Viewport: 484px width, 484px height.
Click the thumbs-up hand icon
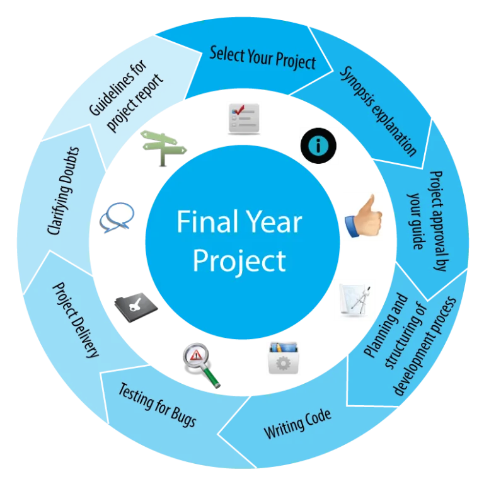[x=364, y=217]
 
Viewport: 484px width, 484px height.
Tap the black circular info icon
[x=318, y=146]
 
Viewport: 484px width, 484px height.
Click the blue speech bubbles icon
[x=117, y=217]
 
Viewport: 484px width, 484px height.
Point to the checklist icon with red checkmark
[x=244, y=119]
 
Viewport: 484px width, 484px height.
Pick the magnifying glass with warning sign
[x=201, y=365]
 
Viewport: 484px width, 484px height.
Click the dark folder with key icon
[x=136, y=307]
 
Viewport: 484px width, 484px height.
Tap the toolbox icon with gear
[x=284, y=357]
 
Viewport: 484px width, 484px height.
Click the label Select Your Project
[x=263, y=58]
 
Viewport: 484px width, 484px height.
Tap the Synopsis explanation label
[x=378, y=111]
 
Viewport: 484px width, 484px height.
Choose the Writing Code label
[x=297, y=423]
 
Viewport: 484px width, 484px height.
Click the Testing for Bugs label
[x=158, y=405]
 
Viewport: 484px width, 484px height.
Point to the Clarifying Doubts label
[x=63, y=191]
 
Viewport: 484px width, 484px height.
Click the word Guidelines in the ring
[x=118, y=88]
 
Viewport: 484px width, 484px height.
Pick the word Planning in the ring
[x=386, y=325]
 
